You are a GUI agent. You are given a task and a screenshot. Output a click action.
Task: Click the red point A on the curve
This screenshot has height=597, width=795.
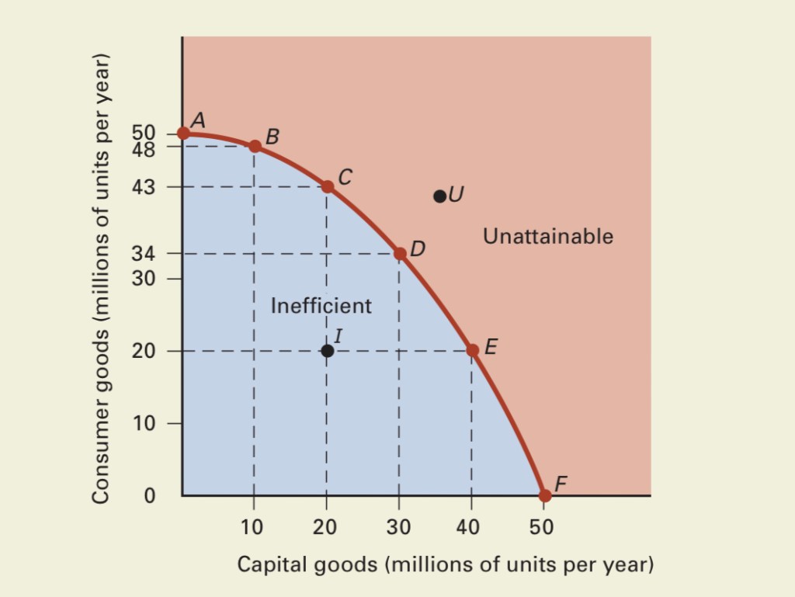(183, 133)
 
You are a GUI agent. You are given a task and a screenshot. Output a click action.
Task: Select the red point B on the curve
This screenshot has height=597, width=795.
(255, 146)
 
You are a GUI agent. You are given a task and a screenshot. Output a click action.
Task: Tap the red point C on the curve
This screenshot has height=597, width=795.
(328, 186)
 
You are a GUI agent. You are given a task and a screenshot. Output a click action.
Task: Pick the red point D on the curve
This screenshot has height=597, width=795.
(400, 253)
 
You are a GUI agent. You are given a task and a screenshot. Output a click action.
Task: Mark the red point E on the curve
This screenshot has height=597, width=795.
(472, 350)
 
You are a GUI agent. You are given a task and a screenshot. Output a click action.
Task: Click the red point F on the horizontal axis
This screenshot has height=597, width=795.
(544, 495)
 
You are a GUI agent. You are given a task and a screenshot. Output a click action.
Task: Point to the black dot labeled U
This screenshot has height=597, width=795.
(439, 196)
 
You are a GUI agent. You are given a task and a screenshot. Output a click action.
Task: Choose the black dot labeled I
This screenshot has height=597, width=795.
(328, 351)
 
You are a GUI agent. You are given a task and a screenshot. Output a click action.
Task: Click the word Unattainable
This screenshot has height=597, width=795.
(547, 236)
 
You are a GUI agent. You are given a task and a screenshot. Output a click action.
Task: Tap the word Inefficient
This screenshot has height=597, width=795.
(321, 306)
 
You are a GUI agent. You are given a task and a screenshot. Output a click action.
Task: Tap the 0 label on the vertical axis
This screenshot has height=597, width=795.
(150, 496)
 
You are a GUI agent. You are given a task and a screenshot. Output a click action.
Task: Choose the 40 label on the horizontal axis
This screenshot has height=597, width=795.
(469, 527)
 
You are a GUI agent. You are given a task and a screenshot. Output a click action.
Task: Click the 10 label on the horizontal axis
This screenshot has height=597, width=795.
(252, 527)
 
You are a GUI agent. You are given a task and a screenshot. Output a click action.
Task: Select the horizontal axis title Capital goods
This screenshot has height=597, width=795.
(445, 564)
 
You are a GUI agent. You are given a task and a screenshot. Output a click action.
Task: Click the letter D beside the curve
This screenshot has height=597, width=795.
(418, 249)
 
